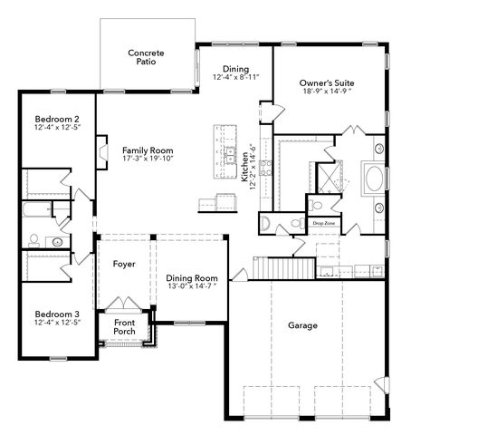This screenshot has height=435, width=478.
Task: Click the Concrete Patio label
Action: tap(146, 57)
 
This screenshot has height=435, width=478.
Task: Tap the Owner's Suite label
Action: tap(327, 83)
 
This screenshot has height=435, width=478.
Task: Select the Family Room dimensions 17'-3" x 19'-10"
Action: tap(148, 159)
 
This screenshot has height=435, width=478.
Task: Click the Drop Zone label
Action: tap(324, 223)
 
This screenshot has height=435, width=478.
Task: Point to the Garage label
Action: tap(302, 325)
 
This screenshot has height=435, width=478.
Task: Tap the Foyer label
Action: tap(124, 264)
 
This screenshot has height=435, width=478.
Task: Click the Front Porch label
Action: tap(124, 327)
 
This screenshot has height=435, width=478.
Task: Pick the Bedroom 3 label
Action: tap(57, 314)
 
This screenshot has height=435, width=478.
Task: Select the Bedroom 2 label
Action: tap(57, 119)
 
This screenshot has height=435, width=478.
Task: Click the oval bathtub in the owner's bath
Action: tap(374, 179)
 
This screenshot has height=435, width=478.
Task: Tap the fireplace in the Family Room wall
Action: tap(102, 152)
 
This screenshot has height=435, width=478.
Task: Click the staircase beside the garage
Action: tap(284, 267)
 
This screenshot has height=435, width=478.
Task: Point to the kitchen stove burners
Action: tap(265, 168)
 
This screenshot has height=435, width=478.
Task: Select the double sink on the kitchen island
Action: tap(230, 155)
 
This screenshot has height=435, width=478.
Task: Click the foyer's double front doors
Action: tap(123, 303)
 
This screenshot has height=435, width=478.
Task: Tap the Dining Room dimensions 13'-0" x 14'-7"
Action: tap(192, 286)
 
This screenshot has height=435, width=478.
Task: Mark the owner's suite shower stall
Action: tap(330, 178)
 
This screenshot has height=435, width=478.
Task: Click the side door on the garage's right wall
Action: tap(382, 385)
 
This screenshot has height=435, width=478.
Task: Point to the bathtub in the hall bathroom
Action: tap(37, 209)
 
